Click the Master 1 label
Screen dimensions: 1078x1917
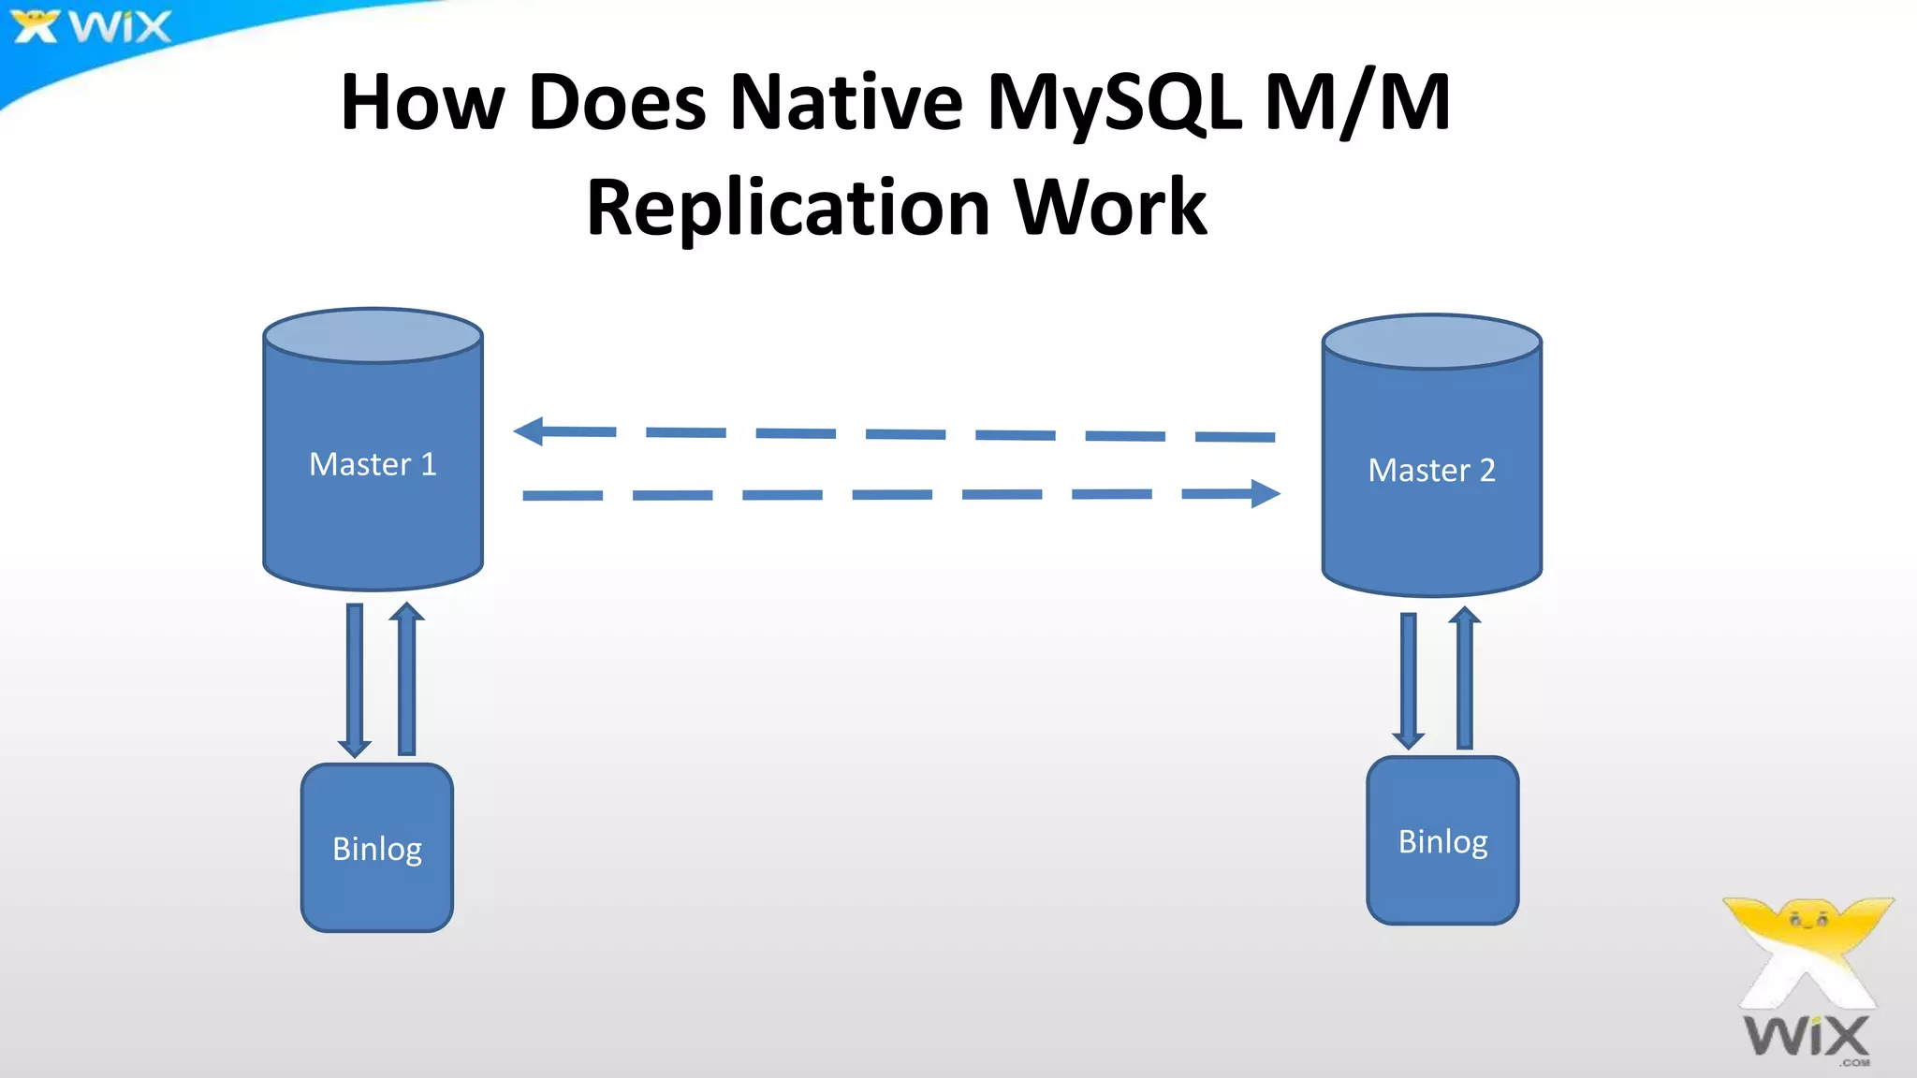click(373, 464)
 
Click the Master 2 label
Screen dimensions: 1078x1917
click(1431, 470)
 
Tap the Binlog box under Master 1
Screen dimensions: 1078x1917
click(377, 848)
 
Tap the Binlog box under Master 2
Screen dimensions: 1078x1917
click(1442, 841)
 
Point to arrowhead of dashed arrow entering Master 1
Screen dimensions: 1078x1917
click(531, 431)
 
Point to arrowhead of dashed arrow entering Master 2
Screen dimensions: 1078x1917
click(1265, 493)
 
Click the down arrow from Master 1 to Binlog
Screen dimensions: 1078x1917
click(355, 679)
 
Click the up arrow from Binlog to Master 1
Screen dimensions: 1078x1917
click(406, 677)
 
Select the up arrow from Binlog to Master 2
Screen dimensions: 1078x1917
click(1465, 677)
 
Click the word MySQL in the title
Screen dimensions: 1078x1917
click(1114, 103)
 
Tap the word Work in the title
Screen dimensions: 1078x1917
click(1110, 208)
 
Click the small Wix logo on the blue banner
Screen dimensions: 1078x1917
click(92, 26)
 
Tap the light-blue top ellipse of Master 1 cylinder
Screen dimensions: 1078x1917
click(373, 335)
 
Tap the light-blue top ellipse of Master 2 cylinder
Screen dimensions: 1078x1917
click(1431, 341)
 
